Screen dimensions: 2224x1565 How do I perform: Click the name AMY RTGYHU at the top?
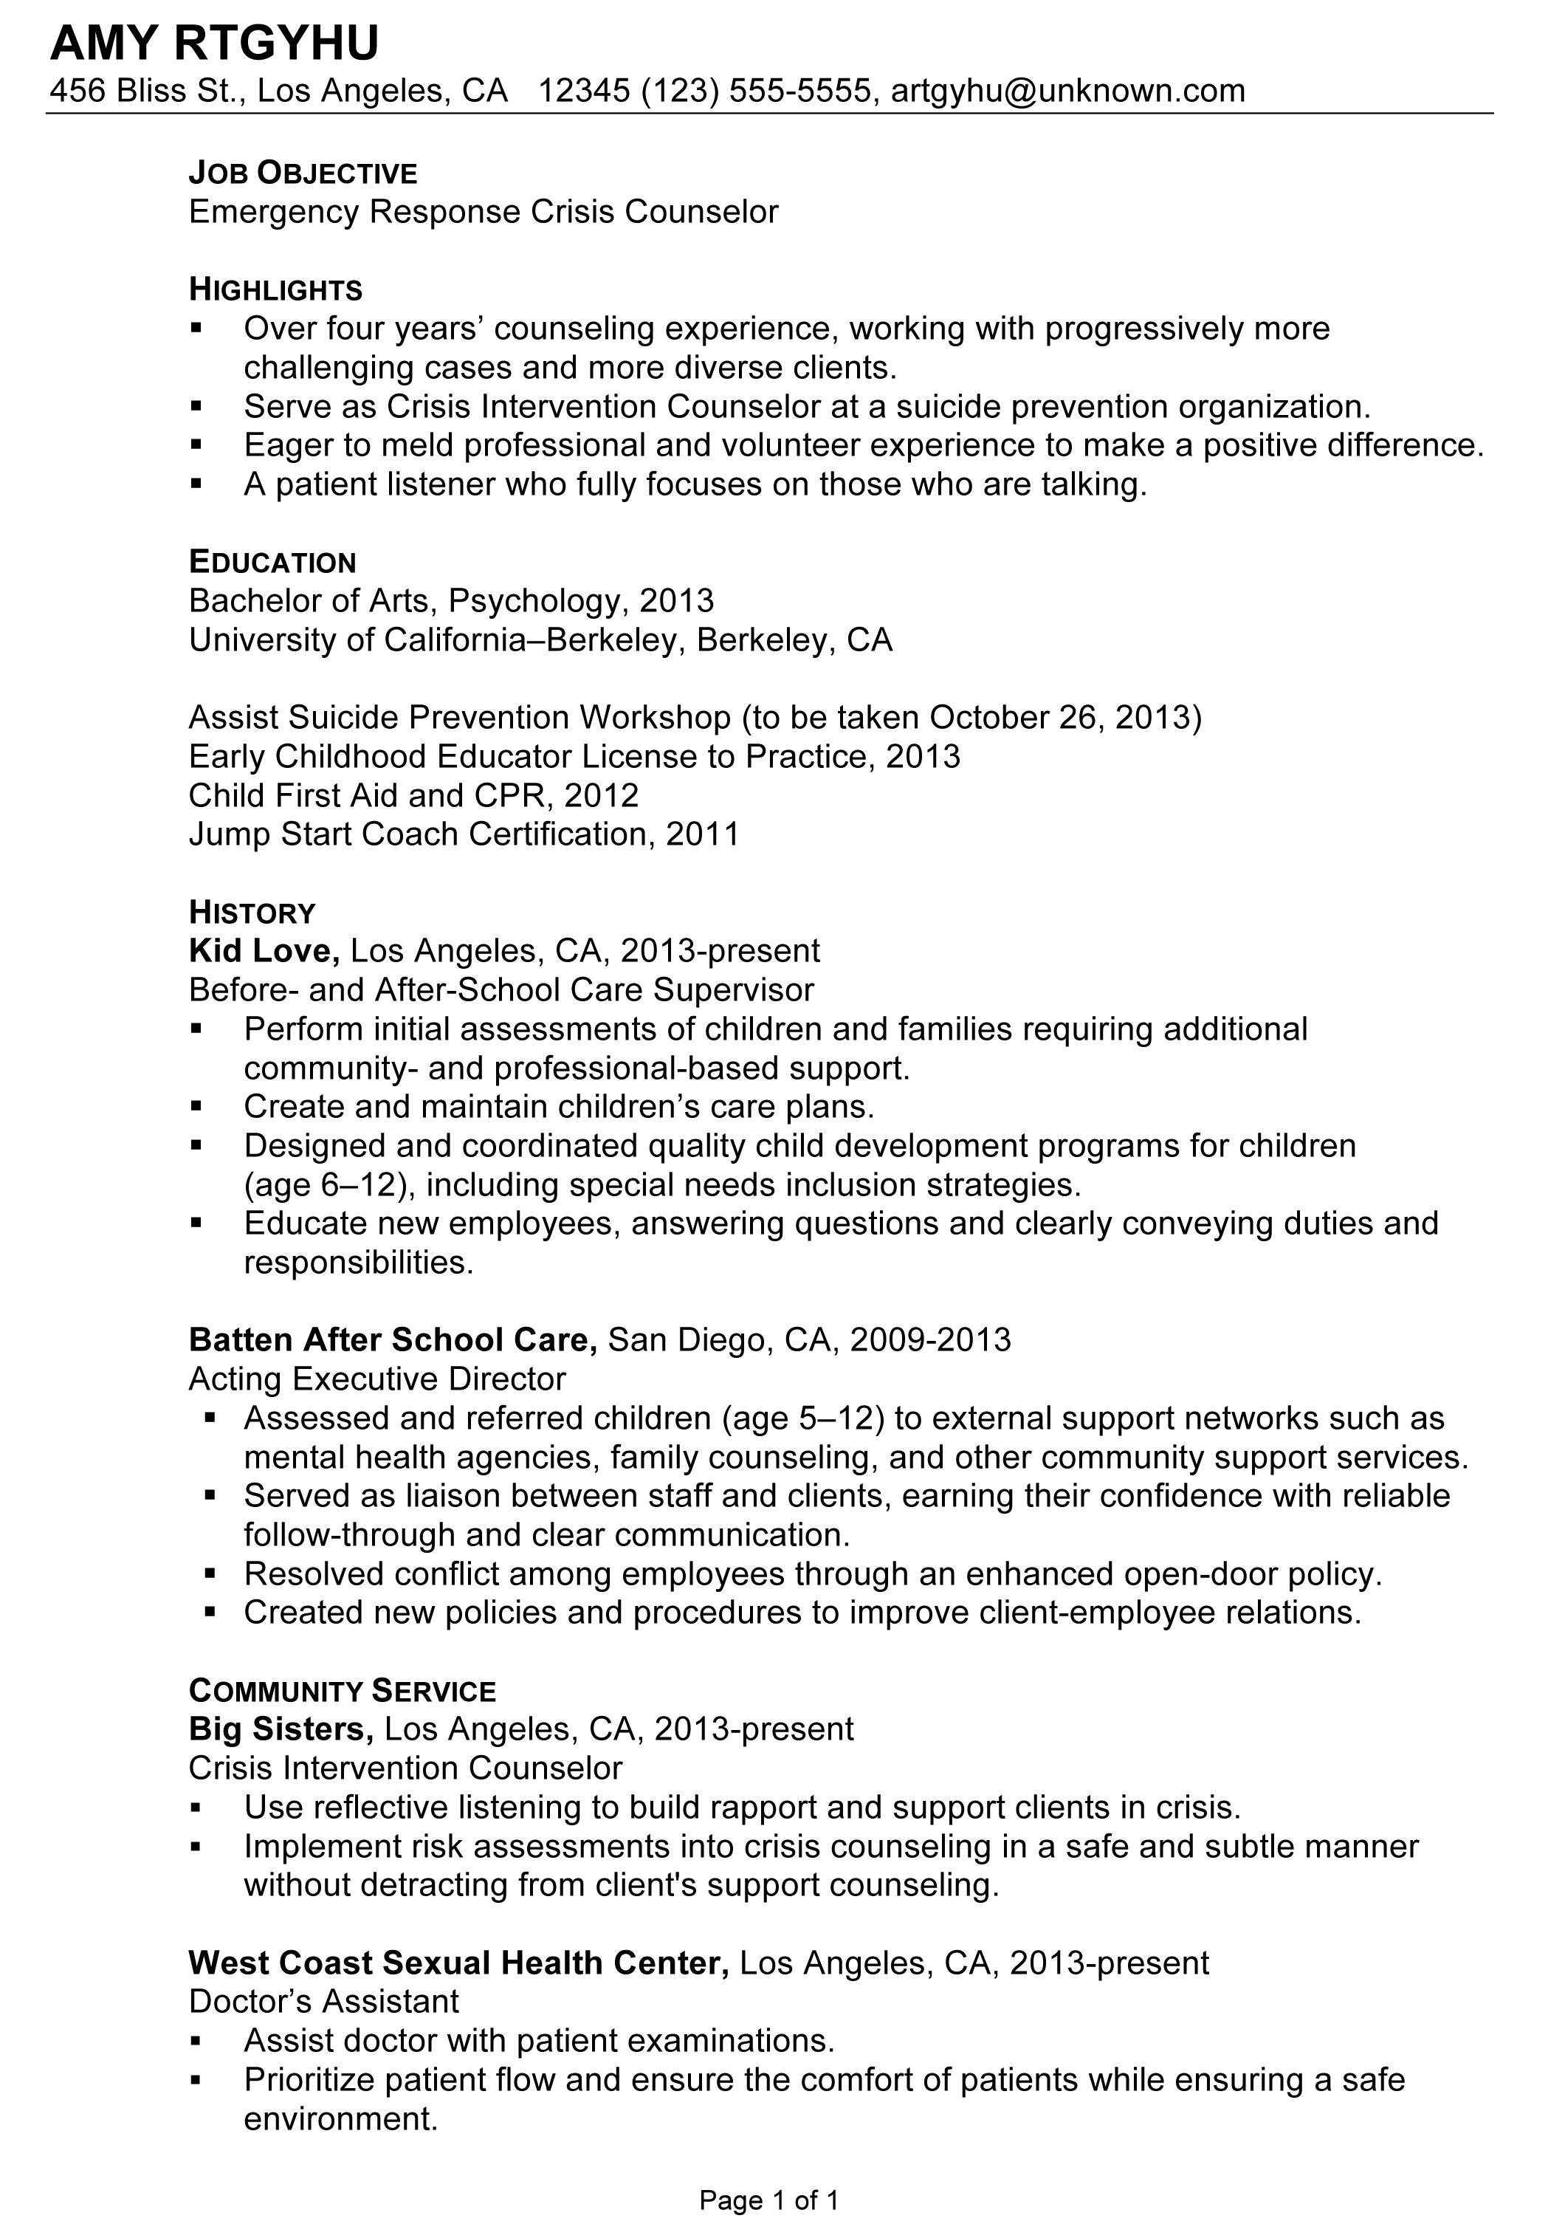pyautogui.click(x=214, y=44)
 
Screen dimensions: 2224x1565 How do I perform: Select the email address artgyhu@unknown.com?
pyautogui.click(x=1067, y=91)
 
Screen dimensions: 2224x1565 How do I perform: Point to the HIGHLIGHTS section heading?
pyautogui.click(x=276, y=289)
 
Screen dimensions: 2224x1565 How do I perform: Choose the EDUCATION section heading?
pyautogui.click(x=273, y=563)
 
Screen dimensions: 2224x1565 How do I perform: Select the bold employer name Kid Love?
pyautogui.click(x=264, y=951)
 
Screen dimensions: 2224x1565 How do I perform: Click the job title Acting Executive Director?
pyautogui.click(x=378, y=1379)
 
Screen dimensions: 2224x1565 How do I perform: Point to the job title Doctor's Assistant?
pyautogui.click(x=323, y=2001)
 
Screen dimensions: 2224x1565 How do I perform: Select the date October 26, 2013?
pyautogui.click(x=1059, y=718)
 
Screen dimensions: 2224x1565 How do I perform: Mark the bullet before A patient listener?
pyautogui.click(x=196, y=484)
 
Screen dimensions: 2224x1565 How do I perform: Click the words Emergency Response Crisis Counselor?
pyautogui.click(x=484, y=212)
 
